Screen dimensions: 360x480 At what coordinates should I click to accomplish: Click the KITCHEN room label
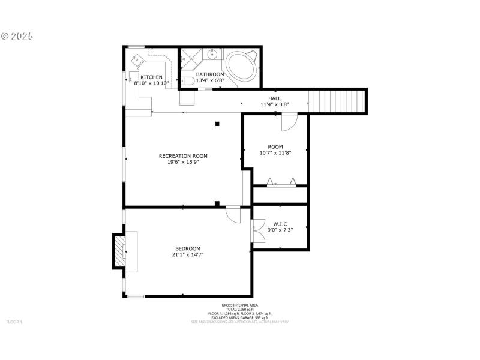[151, 77]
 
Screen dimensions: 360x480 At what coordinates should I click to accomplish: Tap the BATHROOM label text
[210, 74]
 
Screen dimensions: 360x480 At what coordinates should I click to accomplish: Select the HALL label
[274, 98]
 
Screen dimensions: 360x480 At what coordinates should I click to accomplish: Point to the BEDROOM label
[188, 248]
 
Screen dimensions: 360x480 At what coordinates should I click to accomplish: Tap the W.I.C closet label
[280, 224]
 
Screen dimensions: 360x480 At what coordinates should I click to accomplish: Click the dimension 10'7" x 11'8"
[275, 152]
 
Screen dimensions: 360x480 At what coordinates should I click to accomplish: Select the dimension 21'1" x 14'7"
[188, 254]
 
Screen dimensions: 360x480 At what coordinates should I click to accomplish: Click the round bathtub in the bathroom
[242, 65]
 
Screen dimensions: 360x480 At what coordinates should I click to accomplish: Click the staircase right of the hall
[337, 100]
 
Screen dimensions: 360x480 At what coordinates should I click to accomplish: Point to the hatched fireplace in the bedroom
[120, 251]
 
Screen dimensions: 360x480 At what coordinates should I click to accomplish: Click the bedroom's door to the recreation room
[233, 214]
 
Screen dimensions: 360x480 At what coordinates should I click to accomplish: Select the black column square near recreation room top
[217, 124]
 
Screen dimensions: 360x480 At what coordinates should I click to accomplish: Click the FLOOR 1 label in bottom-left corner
[14, 322]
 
